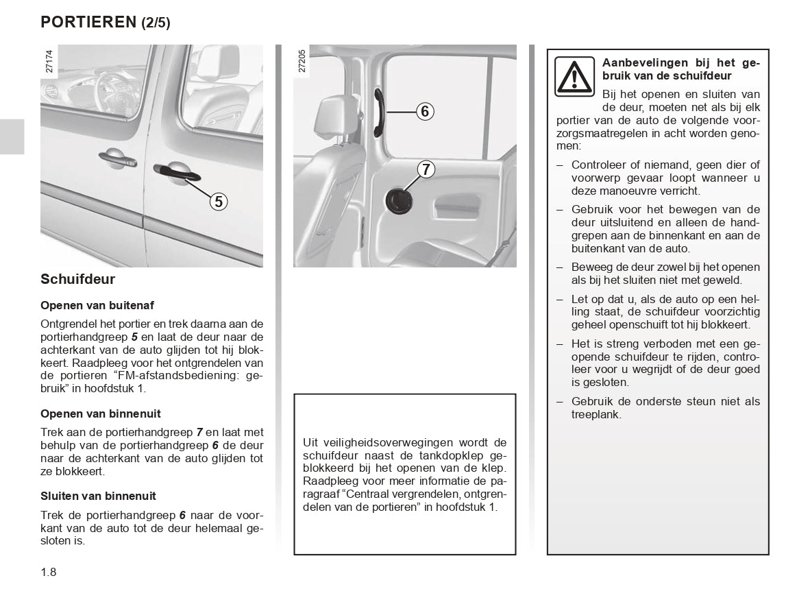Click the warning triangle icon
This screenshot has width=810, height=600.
tap(574, 75)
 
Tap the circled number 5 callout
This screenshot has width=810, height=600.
tap(218, 201)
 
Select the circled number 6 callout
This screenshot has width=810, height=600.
tap(425, 111)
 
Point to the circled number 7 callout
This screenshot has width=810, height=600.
tap(426, 169)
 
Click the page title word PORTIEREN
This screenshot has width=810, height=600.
tap(88, 22)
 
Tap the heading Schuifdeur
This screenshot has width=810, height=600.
tap(78, 279)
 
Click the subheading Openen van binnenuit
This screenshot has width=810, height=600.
tap(101, 413)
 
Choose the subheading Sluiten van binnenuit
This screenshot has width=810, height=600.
tap(98, 496)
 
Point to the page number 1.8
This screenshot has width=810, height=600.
tap(49, 571)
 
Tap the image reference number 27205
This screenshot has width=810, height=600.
tap(302, 60)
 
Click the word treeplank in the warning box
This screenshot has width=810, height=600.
tap(596, 414)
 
